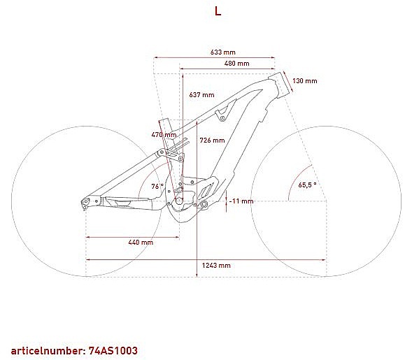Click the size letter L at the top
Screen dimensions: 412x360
coord(218,11)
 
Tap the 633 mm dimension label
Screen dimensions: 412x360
coord(223,52)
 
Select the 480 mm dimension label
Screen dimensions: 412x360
coord(236,64)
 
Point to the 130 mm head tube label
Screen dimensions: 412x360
coord(305,81)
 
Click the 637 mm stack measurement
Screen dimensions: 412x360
coord(201,95)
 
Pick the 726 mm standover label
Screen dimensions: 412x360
coord(212,141)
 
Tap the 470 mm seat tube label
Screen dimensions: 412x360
coord(164,135)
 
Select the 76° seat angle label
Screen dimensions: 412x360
coord(157,186)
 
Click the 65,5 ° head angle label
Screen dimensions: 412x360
coord(307,185)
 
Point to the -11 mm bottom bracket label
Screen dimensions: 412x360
coord(241,201)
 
